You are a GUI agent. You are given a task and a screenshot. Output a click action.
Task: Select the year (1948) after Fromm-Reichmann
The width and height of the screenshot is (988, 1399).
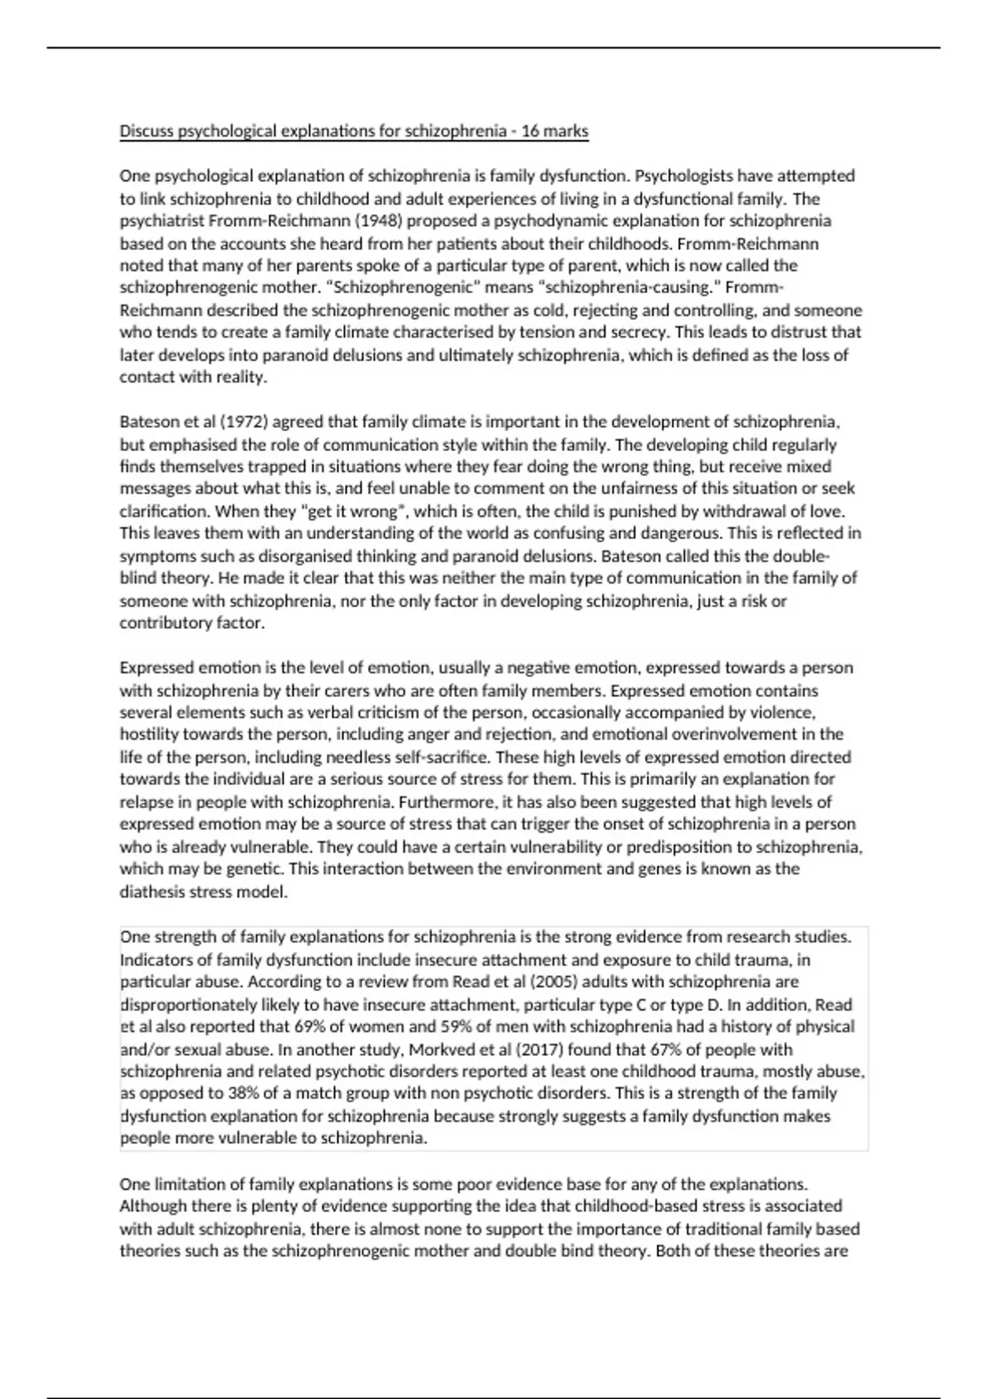click(x=380, y=221)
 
